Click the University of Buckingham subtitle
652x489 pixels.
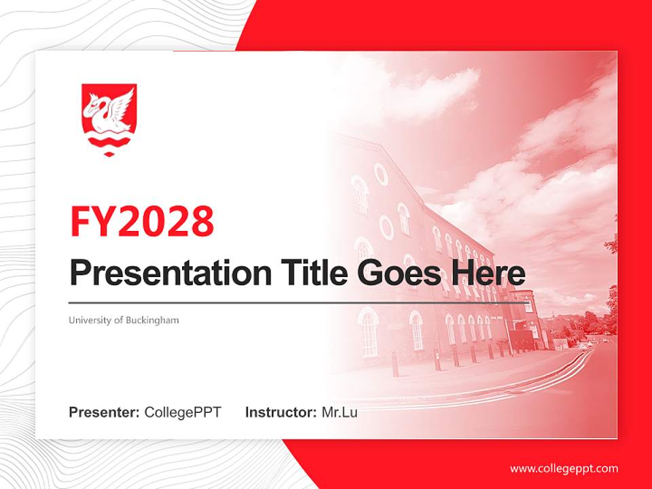click(124, 320)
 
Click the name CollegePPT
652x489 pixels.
click(183, 412)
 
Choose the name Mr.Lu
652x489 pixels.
click(339, 412)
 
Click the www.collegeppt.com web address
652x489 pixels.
click(564, 469)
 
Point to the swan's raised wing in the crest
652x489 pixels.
click(123, 103)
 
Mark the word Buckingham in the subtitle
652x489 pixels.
click(152, 320)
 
